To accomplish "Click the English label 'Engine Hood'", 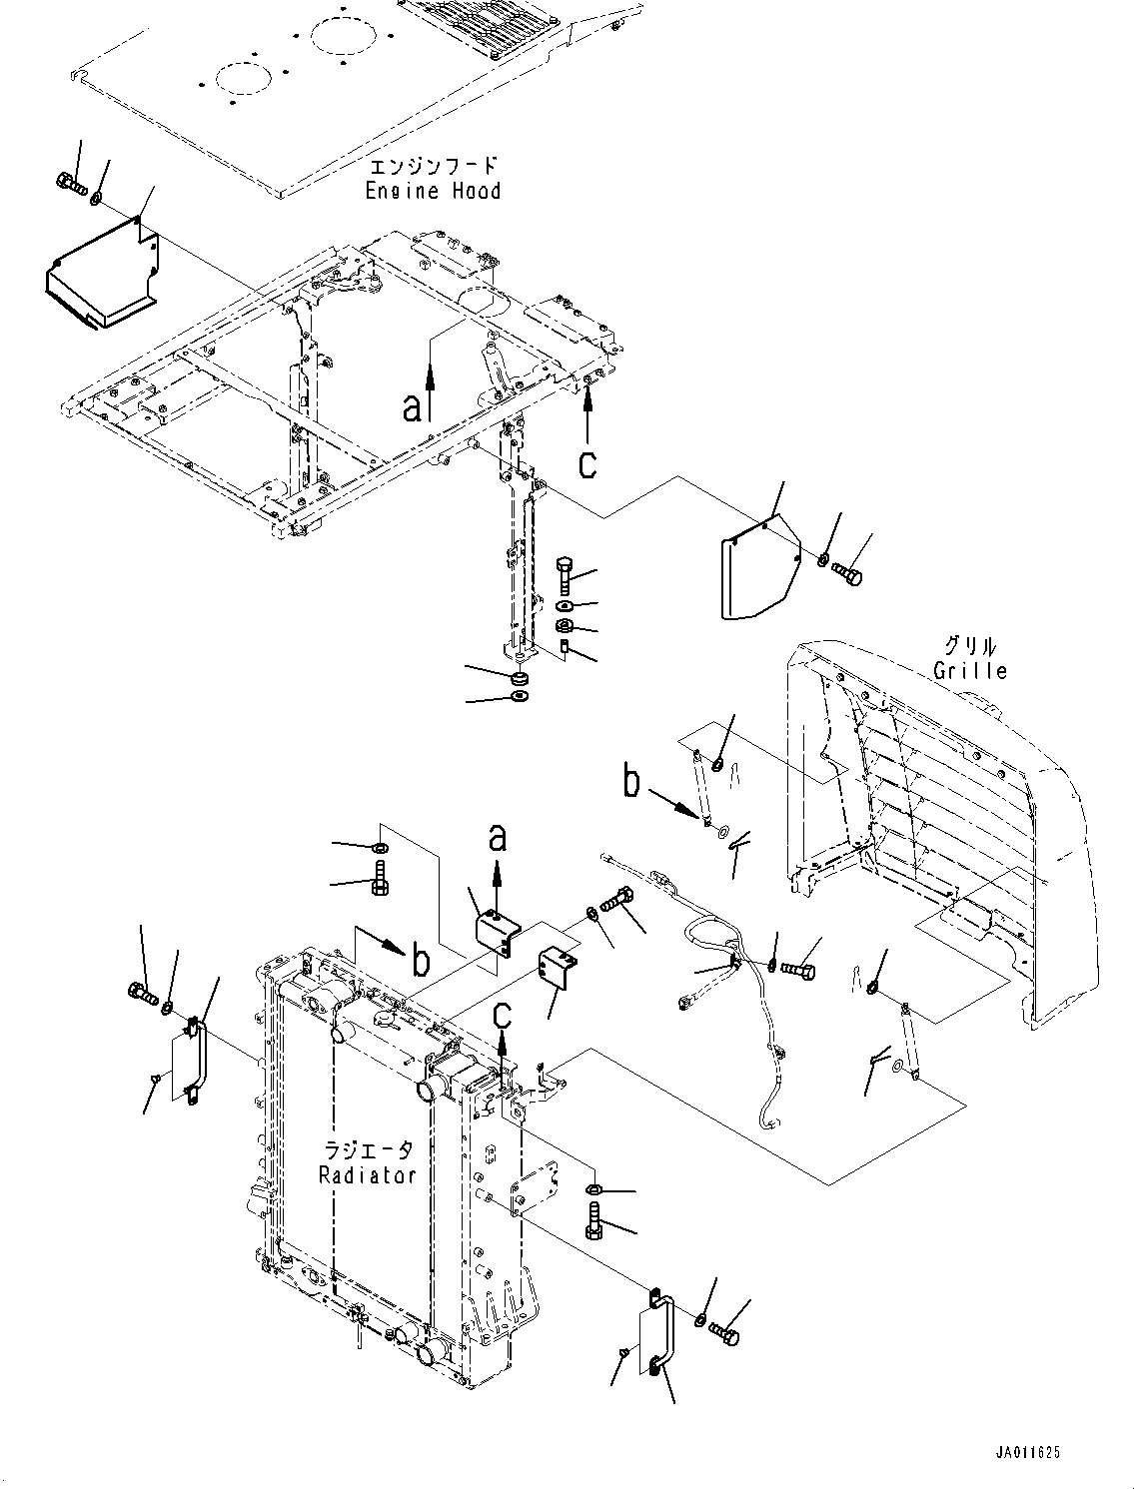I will coord(433,190).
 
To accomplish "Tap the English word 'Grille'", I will coord(969,670).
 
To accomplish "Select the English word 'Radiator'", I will coord(368,1174).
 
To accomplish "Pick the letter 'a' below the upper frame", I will coord(412,406).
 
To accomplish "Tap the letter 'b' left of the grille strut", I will coord(631,782).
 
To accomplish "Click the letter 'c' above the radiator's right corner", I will coord(505,1014).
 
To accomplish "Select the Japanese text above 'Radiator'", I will coord(368,1150).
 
